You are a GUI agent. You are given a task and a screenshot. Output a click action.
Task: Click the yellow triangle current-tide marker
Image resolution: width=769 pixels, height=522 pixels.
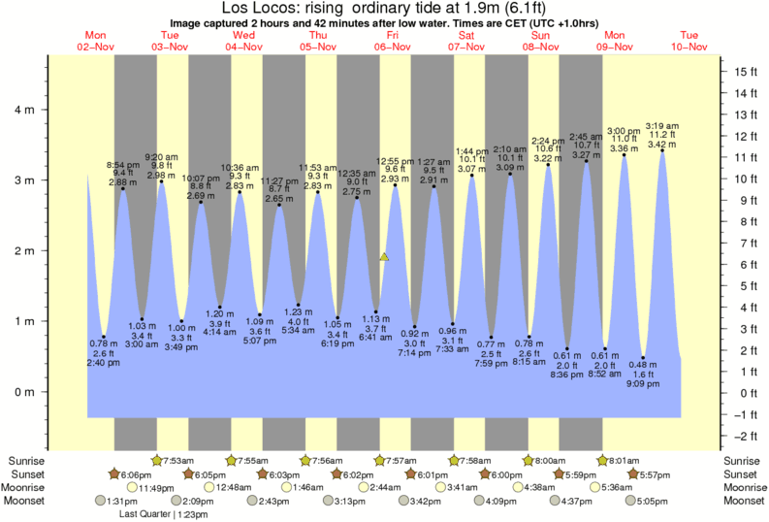(385, 257)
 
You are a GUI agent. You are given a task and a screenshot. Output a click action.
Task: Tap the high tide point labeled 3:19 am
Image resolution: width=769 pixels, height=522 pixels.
(662, 151)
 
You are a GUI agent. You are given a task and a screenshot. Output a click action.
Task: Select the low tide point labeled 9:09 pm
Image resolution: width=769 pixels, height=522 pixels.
(642, 357)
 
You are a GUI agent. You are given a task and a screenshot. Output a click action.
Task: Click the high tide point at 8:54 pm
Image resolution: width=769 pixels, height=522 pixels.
(123, 188)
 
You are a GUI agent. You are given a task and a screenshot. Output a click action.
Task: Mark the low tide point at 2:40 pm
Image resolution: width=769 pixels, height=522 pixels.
(104, 337)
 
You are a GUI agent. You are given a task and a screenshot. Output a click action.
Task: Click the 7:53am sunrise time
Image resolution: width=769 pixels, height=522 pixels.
(176, 459)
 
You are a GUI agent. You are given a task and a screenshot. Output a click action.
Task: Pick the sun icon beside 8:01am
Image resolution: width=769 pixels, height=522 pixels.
(603, 459)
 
